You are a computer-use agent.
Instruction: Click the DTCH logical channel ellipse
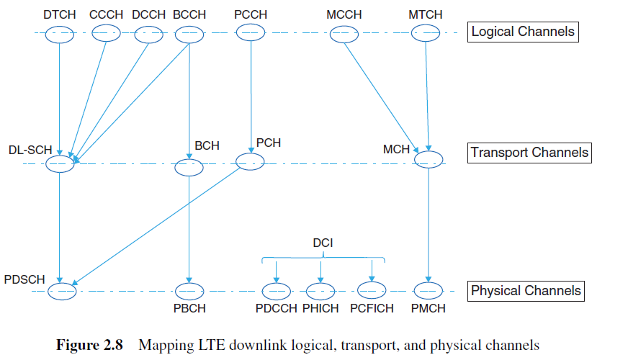60,34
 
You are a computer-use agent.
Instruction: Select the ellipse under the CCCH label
107,34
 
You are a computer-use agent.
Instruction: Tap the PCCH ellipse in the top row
249,34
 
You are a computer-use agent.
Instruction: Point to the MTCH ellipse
425,34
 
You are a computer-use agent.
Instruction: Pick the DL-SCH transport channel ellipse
60,164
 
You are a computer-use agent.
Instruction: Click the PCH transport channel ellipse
250,163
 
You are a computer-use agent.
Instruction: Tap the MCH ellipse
429,160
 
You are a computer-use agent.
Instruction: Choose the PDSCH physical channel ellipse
62,292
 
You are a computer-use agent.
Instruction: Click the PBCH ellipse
189,292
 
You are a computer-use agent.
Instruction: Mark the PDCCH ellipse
276,292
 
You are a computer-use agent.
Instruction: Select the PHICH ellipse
320,292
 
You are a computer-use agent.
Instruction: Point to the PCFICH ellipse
372,290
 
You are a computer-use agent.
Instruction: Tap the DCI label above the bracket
322,243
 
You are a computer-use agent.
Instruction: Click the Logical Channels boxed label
523,32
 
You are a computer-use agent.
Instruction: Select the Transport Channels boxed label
529,153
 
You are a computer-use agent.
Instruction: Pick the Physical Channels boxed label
525,291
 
